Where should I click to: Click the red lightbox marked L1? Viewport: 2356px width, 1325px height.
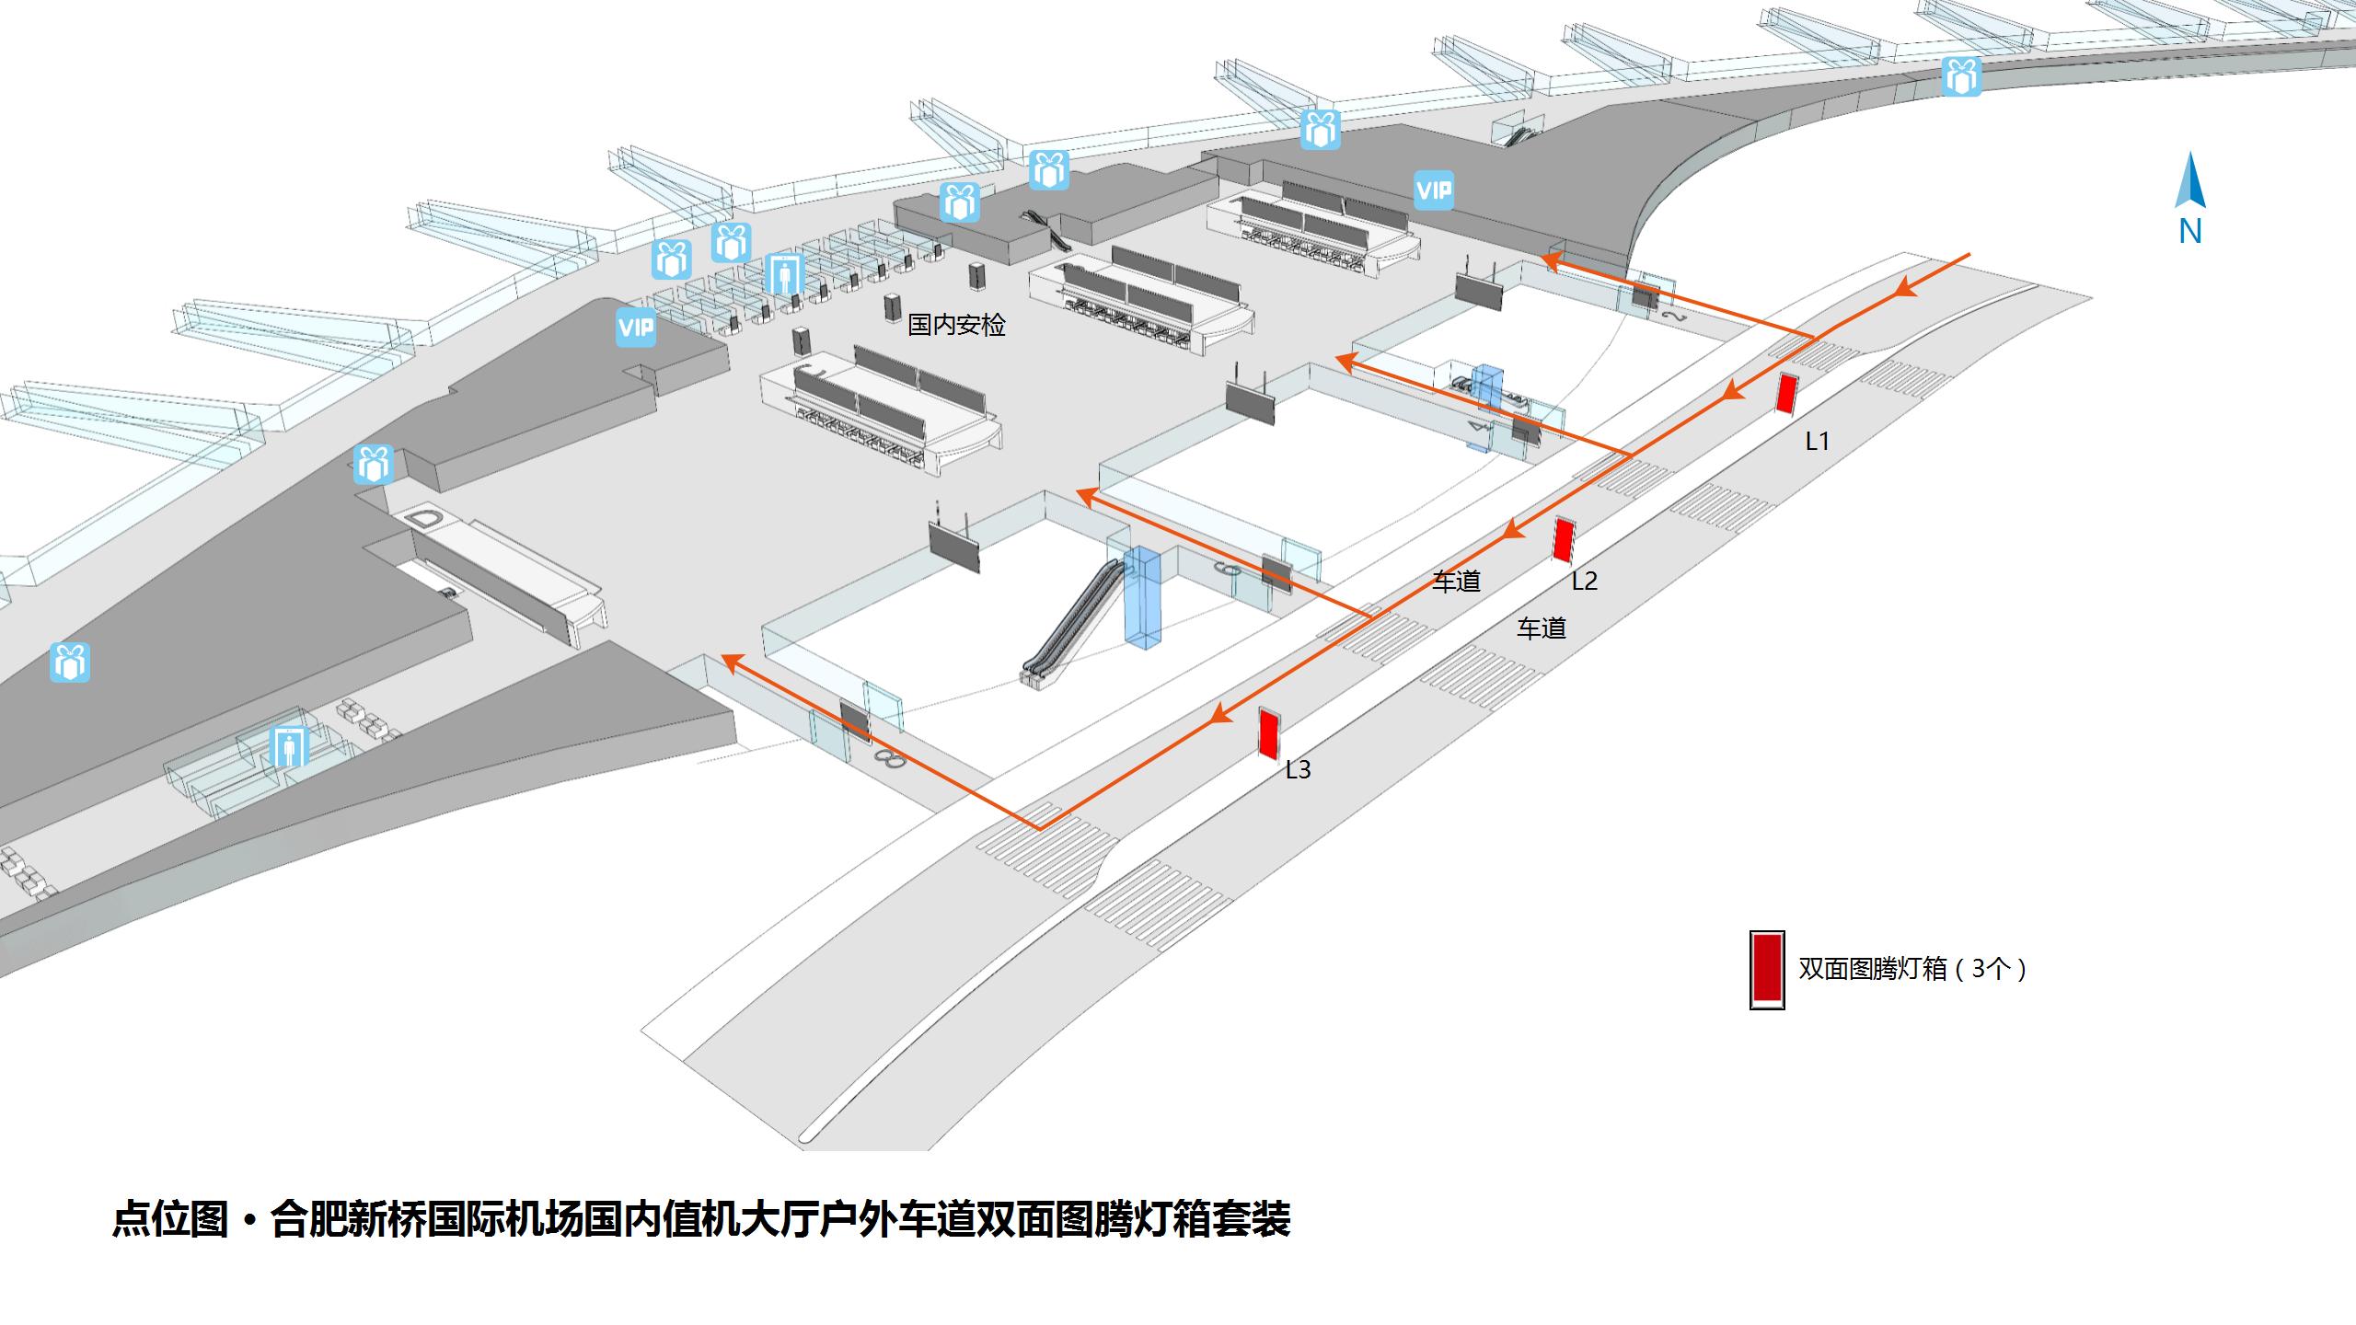click(x=1786, y=394)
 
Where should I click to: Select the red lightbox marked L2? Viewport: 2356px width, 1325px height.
click(x=1563, y=540)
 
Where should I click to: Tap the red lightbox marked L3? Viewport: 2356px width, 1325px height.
click(x=1268, y=733)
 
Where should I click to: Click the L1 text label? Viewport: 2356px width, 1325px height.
click(x=1817, y=442)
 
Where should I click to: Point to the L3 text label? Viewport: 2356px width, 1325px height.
click(x=1298, y=769)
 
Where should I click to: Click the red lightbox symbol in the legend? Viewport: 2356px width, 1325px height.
click(x=1767, y=970)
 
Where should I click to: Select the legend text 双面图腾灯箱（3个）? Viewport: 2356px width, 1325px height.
click(x=1912, y=969)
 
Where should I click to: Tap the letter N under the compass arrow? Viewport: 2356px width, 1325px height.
click(x=2190, y=232)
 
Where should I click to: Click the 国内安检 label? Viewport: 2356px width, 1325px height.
click(x=956, y=325)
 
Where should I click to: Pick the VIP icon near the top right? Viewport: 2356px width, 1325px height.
click(x=1434, y=190)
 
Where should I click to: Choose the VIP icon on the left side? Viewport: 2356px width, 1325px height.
click(x=636, y=328)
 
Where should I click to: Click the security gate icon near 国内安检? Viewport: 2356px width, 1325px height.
click(x=784, y=273)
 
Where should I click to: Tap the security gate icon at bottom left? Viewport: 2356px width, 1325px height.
click(x=289, y=746)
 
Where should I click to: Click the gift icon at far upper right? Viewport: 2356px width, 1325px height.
click(x=1961, y=75)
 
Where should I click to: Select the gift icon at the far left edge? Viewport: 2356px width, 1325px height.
click(x=70, y=662)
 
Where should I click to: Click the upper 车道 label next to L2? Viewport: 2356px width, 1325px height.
click(x=1456, y=581)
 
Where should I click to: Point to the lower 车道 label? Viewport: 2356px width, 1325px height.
click(x=1541, y=628)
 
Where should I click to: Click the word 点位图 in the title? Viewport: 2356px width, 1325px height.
click(x=169, y=1219)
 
